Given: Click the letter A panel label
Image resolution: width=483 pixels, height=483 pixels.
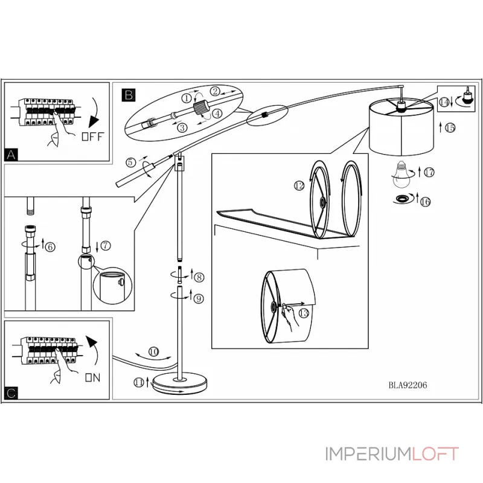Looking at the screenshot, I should click(11, 155).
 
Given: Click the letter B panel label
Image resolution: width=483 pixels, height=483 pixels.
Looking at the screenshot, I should click(129, 94).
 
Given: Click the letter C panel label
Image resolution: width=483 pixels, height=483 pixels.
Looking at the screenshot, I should click(11, 394).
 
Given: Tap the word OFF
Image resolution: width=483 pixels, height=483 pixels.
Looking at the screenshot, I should click(92, 136).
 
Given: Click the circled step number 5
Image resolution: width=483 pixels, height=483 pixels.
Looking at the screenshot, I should click(130, 162).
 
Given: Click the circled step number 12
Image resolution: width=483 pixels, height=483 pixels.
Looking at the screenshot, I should click(299, 186).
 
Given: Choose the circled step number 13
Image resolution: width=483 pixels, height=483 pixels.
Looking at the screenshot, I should click(303, 313).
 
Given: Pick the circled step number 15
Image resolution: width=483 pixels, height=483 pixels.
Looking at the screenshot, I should click(450, 127).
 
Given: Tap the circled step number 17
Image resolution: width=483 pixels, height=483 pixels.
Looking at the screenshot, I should click(429, 173).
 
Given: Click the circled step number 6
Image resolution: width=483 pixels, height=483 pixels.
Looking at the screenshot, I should click(50, 246).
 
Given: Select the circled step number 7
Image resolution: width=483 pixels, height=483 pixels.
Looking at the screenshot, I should click(106, 245).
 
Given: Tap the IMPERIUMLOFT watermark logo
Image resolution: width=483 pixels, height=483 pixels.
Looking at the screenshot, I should click(392, 454).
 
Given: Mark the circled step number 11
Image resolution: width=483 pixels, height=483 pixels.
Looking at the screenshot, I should click(140, 382).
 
